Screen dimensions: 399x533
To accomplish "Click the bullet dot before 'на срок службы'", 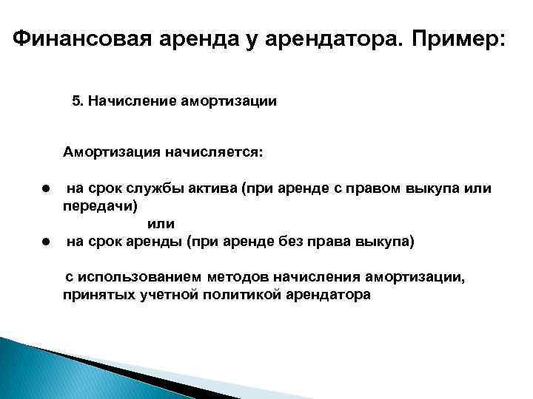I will click(45, 188).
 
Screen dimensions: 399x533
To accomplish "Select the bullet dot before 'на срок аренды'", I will click(45, 241).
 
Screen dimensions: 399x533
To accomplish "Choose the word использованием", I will click(138, 277).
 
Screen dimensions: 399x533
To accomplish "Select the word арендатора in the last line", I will click(327, 295).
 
